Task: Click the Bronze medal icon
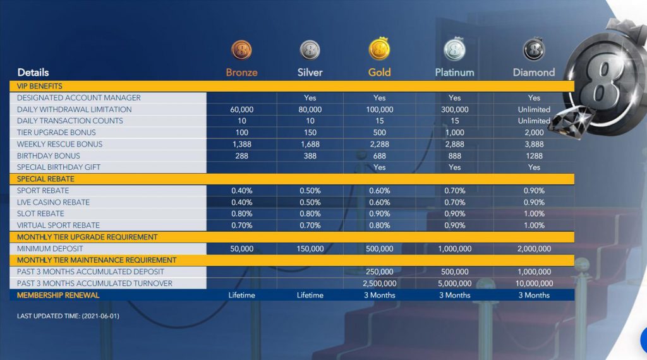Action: (241, 50)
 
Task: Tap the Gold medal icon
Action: (379, 49)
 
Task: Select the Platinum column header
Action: (454, 73)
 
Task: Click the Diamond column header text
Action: (534, 73)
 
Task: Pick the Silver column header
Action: (310, 73)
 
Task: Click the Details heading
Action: (33, 73)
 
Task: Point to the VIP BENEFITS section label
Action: (40, 86)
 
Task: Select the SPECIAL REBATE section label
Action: (45, 179)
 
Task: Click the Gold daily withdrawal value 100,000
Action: (379, 109)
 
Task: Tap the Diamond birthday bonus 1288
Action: (534, 156)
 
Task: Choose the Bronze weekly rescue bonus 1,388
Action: (241, 144)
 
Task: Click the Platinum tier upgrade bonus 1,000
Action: (454, 133)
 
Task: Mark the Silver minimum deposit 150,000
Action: (310, 249)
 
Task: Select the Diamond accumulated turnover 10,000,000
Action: (534, 284)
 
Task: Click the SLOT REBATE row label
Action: (40, 213)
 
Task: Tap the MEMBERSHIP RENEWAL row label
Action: (58, 295)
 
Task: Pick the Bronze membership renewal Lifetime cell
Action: (241, 295)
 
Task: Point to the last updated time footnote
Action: (68, 316)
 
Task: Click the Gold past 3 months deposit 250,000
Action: (379, 272)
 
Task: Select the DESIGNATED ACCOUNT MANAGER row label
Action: (79, 98)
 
